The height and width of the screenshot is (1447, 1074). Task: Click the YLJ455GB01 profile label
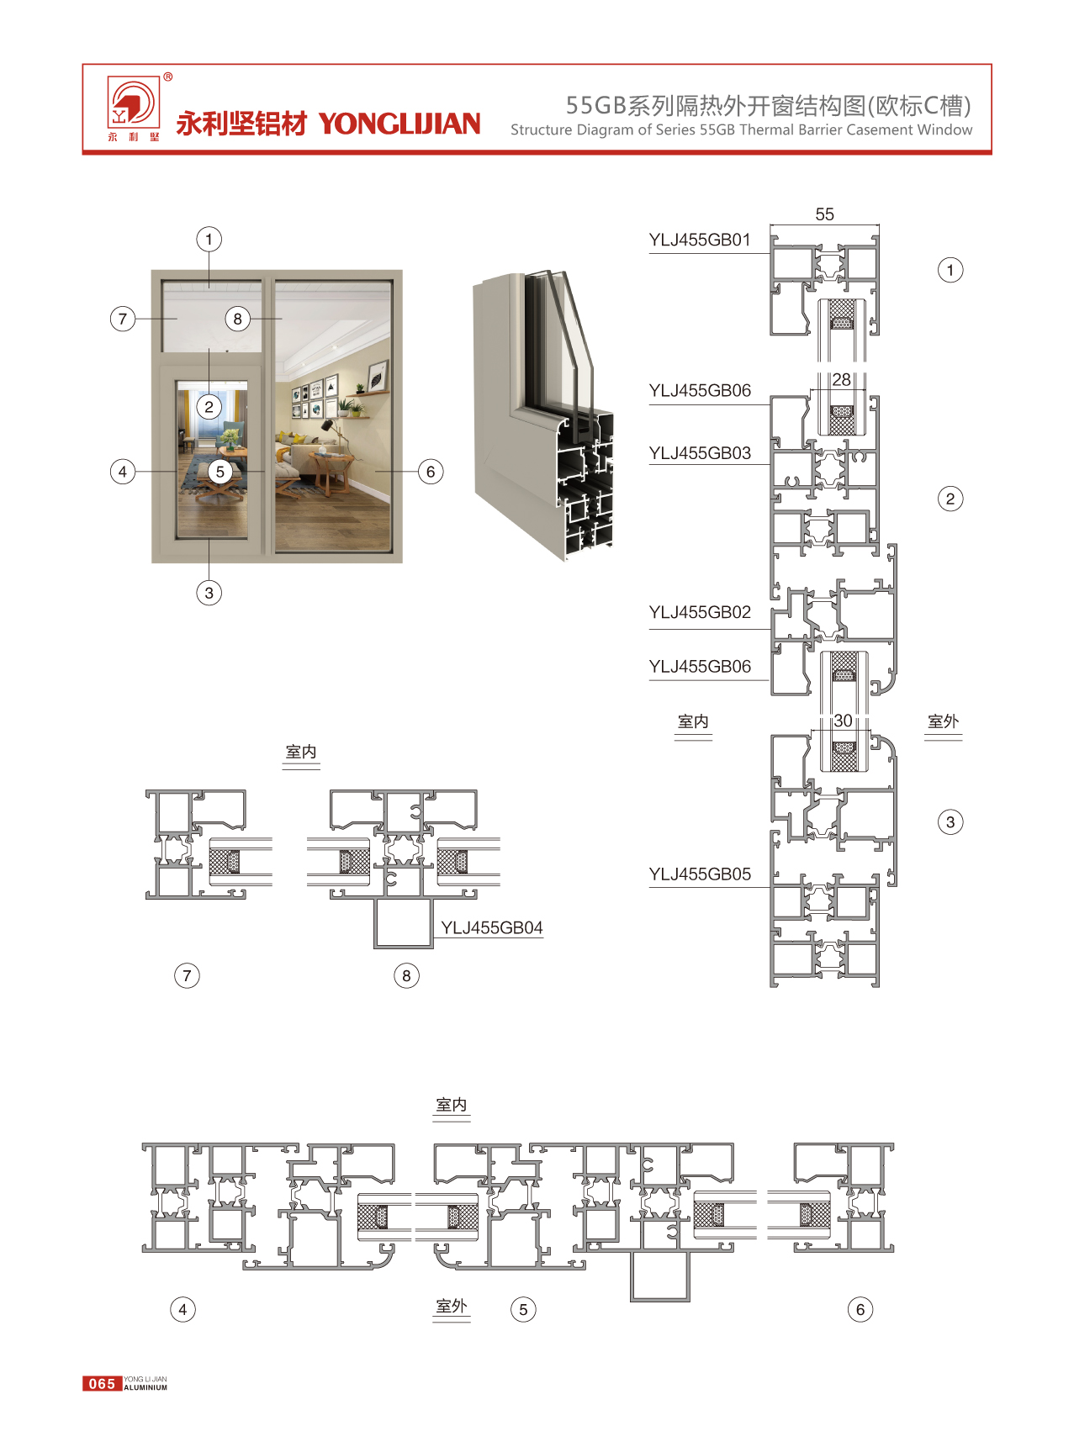699,240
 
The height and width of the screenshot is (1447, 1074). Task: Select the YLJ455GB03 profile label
699,453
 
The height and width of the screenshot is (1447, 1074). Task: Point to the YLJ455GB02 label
699,612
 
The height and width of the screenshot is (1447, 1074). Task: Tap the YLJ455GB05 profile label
699,874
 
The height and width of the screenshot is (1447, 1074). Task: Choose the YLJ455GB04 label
491,927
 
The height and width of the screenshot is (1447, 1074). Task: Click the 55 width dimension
824,214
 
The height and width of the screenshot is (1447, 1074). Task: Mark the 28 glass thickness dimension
841,380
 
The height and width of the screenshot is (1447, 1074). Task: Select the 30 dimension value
843,721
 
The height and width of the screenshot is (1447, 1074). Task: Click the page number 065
102,1383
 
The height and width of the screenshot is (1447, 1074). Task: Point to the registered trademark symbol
168,77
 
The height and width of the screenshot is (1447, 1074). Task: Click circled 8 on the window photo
238,319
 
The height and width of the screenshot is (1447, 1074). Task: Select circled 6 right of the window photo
431,472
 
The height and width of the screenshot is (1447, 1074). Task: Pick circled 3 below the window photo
209,593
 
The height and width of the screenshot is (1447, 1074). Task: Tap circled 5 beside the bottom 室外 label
523,1309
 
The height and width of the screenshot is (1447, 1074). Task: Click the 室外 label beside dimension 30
943,721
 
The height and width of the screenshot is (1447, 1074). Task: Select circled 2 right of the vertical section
950,499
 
